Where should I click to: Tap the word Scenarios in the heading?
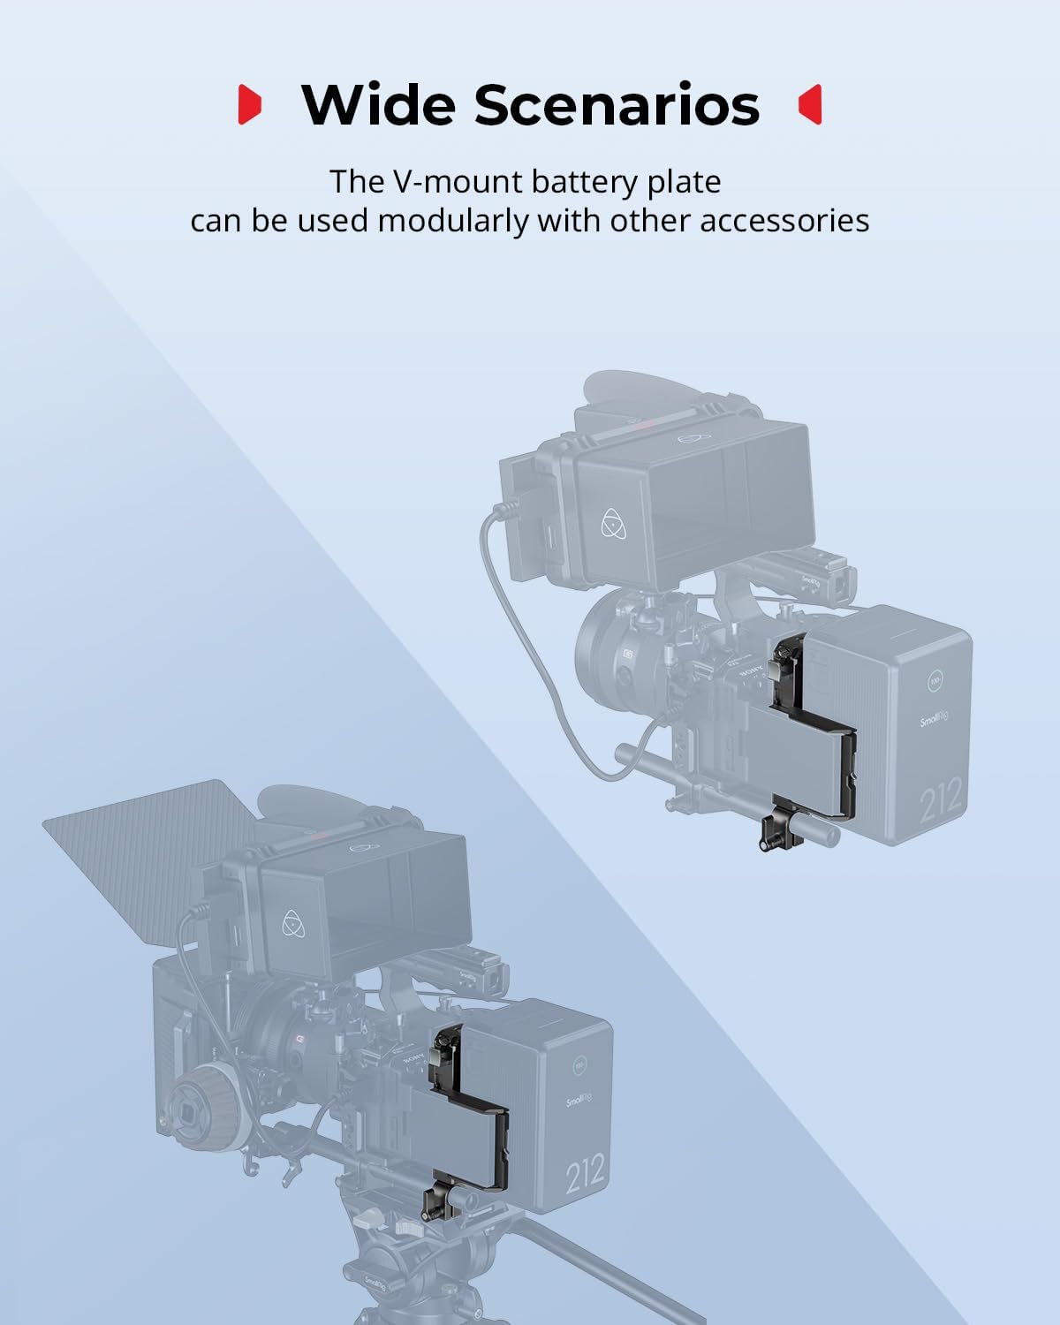coord(617,104)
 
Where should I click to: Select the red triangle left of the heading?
coord(250,105)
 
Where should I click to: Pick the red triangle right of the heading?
coord(809,105)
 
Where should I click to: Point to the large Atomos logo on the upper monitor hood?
coord(616,523)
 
